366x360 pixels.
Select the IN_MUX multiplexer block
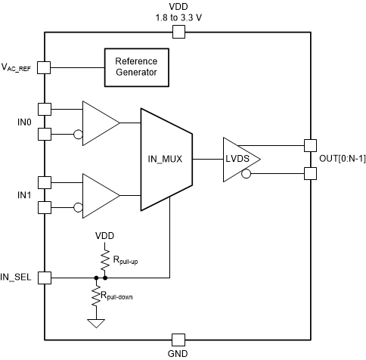pyautogui.click(x=166, y=160)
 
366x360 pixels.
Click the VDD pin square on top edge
pyautogui.click(x=179, y=32)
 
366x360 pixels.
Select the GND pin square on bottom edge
pyautogui.click(x=179, y=339)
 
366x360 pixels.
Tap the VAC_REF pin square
pyautogui.click(x=44, y=67)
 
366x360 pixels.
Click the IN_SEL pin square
pyautogui.click(x=44, y=278)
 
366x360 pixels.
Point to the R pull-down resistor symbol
pyautogui.click(x=95, y=296)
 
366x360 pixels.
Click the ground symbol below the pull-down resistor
pyautogui.click(x=95, y=323)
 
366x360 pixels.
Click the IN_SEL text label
pyautogui.click(x=18, y=278)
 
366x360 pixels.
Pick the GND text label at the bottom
pyautogui.click(x=179, y=353)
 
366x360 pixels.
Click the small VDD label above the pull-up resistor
pyautogui.click(x=104, y=235)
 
